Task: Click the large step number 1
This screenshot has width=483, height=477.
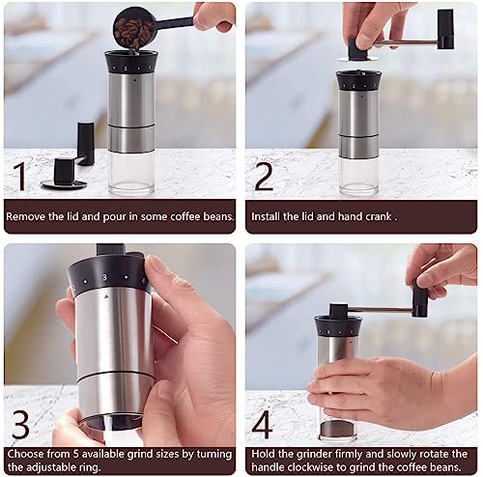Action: pyautogui.click(x=20, y=176)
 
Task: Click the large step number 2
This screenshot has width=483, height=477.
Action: pyautogui.click(x=264, y=177)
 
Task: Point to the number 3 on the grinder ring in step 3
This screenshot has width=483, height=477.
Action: pyautogui.click(x=104, y=277)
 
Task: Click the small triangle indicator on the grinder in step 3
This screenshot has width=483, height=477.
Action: pyautogui.click(x=105, y=295)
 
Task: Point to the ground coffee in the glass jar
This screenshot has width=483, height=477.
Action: pyautogui.click(x=338, y=429)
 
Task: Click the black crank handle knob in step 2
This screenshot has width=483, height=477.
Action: pyautogui.click(x=445, y=29)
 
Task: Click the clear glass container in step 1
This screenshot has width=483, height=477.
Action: pyautogui.click(x=131, y=172)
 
